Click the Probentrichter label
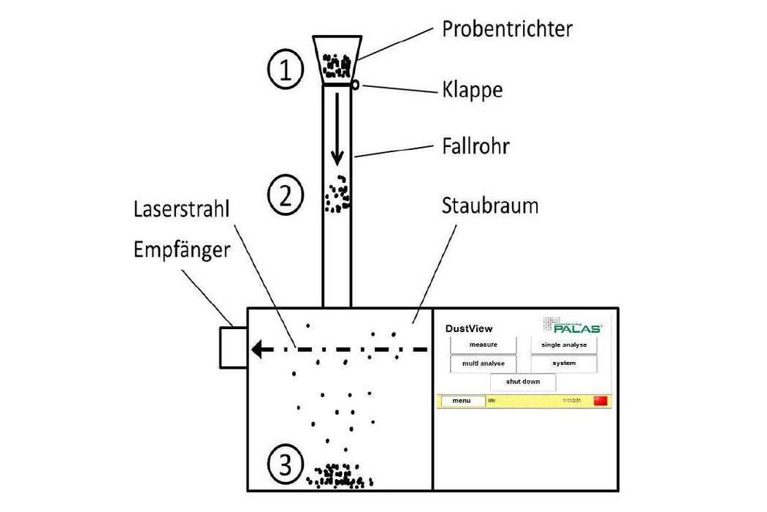pyautogui.click(x=507, y=29)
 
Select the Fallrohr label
pyautogui.click(x=476, y=146)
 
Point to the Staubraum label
pyautogui.click(x=489, y=206)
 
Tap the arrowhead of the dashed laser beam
pyautogui.click(x=258, y=350)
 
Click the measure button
pyautogui.click(x=483, y=345)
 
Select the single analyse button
pyautogui.click(x=563, y=345)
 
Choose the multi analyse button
pyautogui.click(x=483, y=364)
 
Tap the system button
pyautogui.click(x=563, y=364)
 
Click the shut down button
pyautogui.click(x=523, y=382)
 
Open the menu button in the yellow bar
pyautogui.click(x=462, y=401)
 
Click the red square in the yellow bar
pyautogui.click(x=600, y=401)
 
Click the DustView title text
pyautogui.click(x=469, y=328)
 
